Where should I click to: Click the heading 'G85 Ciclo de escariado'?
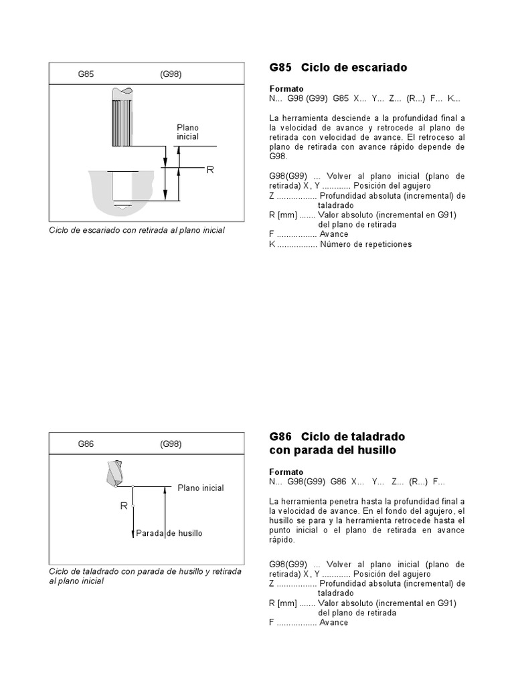pos(338,68)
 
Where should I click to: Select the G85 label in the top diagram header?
pos(86,74)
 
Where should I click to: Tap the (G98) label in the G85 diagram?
pos(171,74)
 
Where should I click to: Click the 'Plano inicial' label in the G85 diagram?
pos(188,132)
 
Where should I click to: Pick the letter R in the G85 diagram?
pos(209,170)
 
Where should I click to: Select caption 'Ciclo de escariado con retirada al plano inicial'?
pos(137,230)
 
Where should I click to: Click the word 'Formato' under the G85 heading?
pos(286,89)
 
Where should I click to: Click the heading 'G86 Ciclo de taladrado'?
pos(337,437)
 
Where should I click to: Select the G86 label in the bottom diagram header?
pos(86,444)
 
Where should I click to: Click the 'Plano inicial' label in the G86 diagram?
pos(201,488)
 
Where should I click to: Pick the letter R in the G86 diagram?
pos(124,506)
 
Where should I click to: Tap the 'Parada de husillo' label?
pos(169,533)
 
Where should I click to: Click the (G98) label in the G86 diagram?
pos(171,444)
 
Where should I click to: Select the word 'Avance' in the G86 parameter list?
pos(333,622)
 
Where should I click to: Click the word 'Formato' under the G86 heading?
pos(286,471)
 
